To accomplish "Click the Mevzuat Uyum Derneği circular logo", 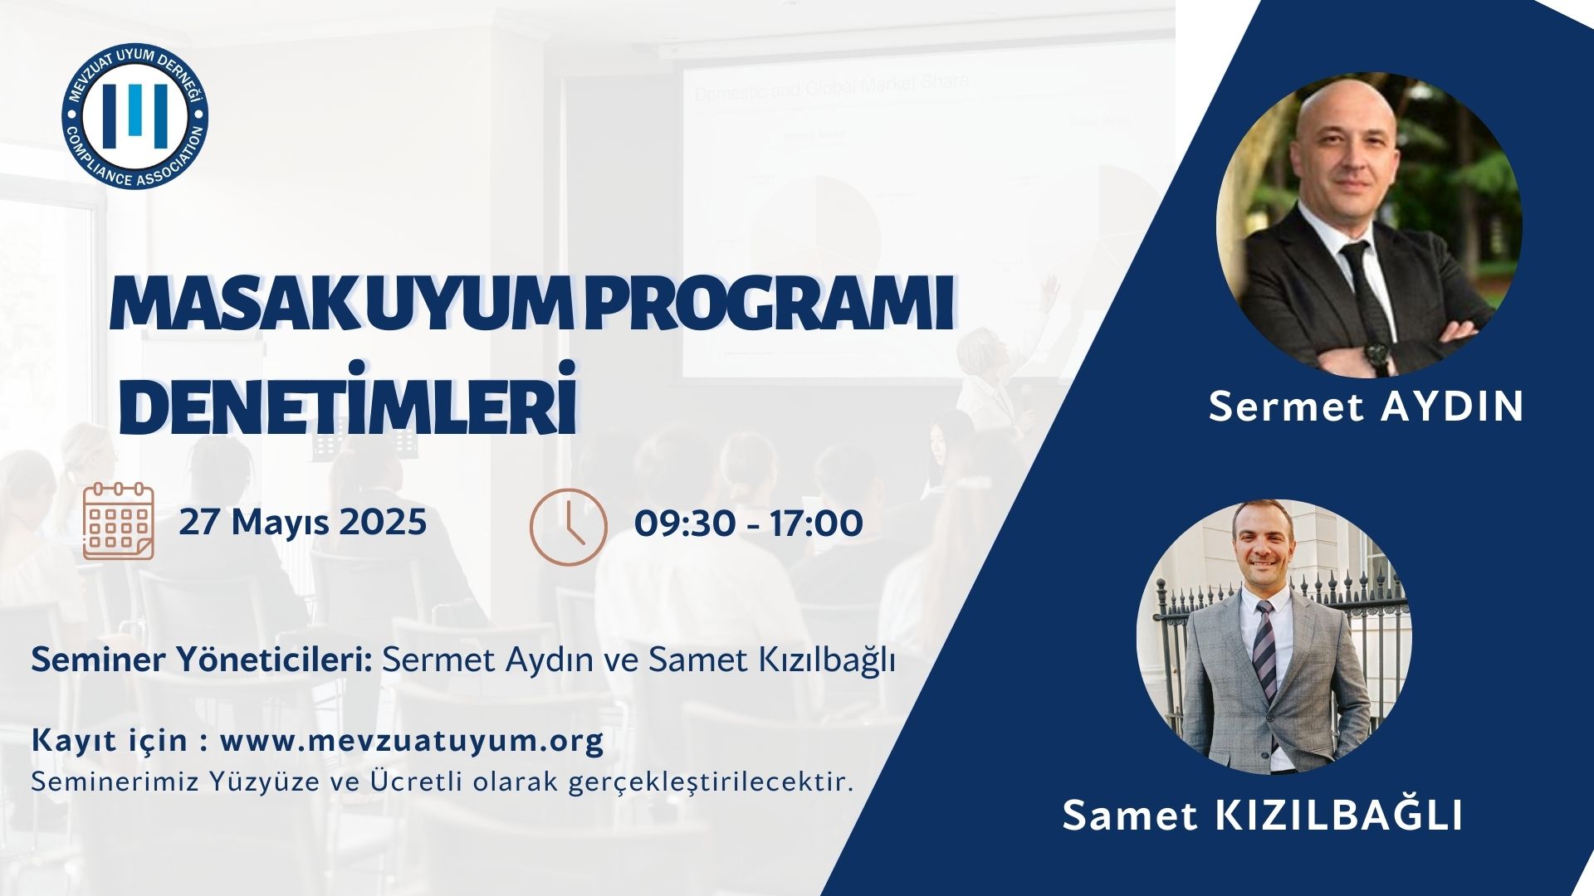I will pyautogui.click(x=135, y=117).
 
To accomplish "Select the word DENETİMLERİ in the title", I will pyautogui.click(x=349, y=408).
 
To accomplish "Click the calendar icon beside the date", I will pyautogui.click(x=119, y=521).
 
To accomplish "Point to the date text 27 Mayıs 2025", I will pyautogui.click(x=303, y=523).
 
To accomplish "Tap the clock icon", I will pyautogui.click(x=569, y=527).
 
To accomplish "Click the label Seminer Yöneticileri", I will pyautogui.click(x=201, y=661).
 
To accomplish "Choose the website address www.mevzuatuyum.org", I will pyautogui.click(x=412, y=741).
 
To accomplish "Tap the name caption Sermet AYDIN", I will pyautogui.click(x=1366, y=407).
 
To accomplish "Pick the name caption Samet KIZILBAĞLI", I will pyautogui.click(x=1262, y=816).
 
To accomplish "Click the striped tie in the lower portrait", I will pyautogui.click(x=1264, y=647).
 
